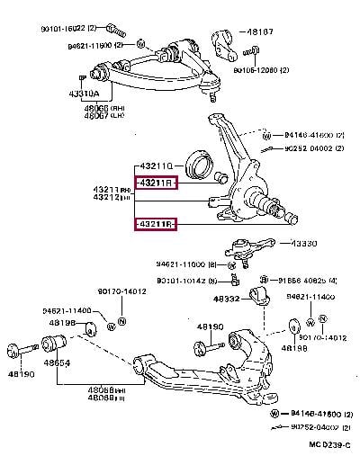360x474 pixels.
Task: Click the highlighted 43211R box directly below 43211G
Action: [x=156, y=184]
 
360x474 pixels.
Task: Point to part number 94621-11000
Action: [x=180, y=264]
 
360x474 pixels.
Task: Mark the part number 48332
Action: [x=226, y=298]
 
